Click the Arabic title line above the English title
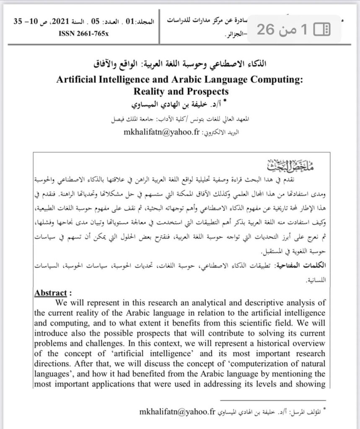(180, 66)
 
